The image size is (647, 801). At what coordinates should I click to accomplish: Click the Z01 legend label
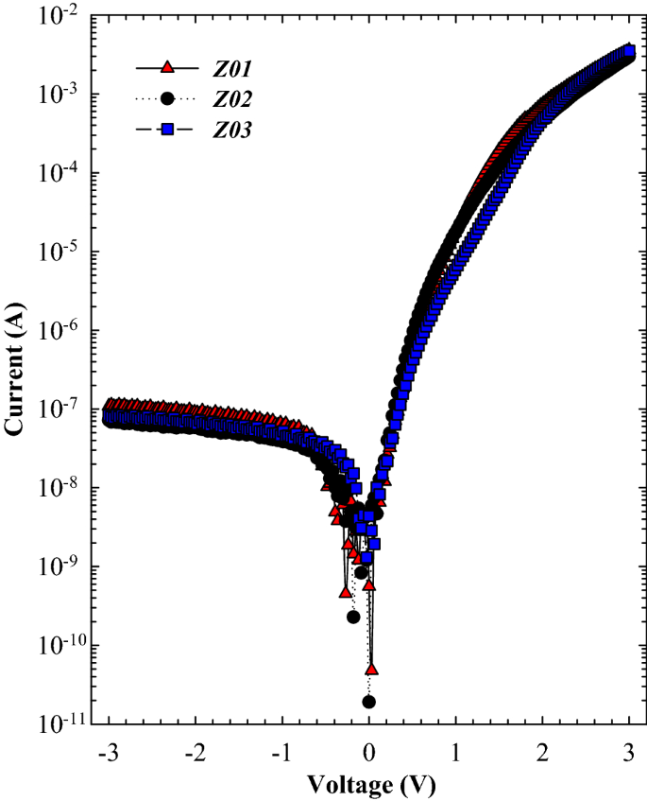click(231, 68)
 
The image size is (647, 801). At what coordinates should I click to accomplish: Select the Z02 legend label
click(231, 99)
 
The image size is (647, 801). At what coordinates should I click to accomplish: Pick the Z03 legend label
click(231, 131)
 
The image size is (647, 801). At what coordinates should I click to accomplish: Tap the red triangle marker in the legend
click(167, 67)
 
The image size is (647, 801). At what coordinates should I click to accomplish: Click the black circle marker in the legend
click(167, 98)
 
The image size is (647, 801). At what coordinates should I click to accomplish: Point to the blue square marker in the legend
click(167, 130)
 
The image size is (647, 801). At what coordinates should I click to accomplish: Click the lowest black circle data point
click(368, 702)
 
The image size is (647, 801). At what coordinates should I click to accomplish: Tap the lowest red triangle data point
click(371, 669)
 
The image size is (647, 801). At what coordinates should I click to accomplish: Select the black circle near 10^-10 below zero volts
click(353, 617)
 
